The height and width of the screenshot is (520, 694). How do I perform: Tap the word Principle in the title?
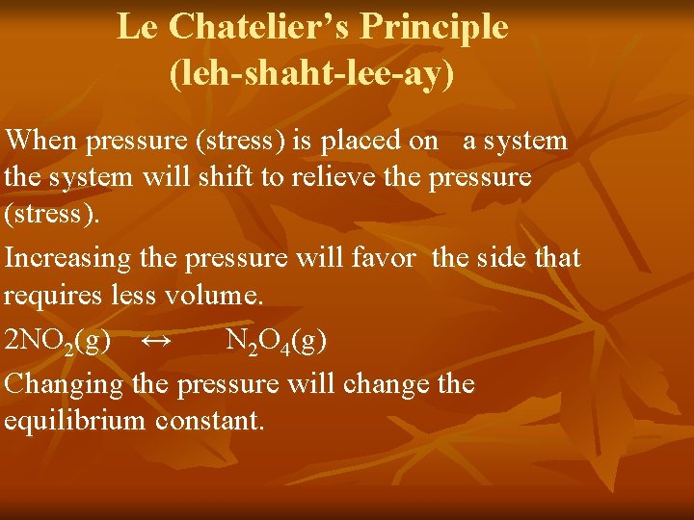pos(442,27)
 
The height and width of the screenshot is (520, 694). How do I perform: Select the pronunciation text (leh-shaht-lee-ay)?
pos(311,73)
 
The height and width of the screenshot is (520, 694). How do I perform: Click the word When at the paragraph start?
pos(41,141)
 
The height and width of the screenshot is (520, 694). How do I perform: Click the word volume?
pos(216,296)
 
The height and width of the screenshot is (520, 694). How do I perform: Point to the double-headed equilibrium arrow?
pos(156,340)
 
